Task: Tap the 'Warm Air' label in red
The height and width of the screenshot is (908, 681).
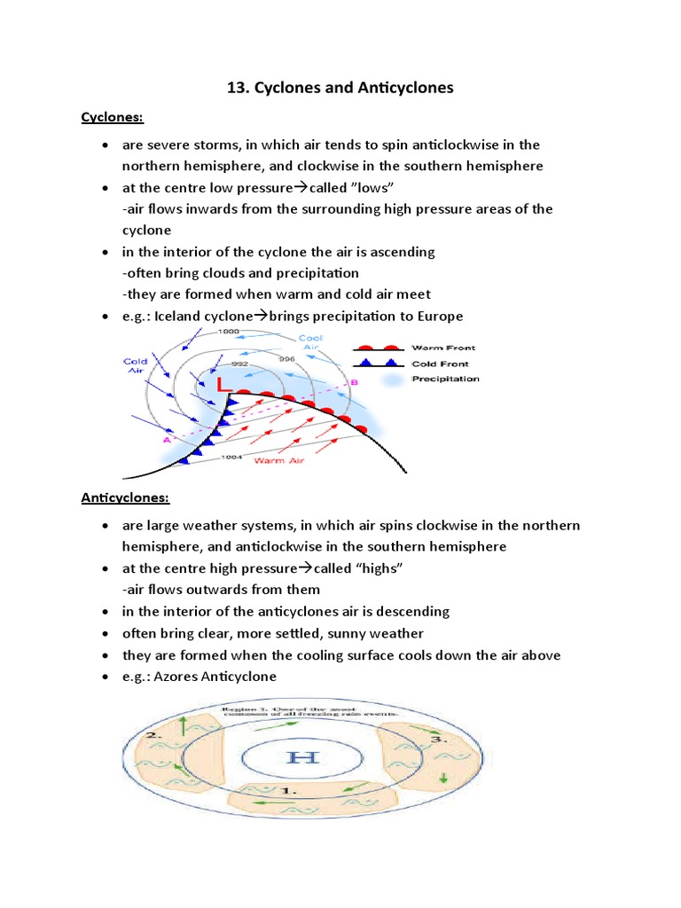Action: click(x=276, y=461)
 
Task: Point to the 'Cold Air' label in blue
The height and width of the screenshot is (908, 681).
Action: click(x=136, y=366)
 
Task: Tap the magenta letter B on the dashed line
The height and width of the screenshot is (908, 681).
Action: click(x=354, y=383)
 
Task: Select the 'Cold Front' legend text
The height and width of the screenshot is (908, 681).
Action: click(x=440, y=364)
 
